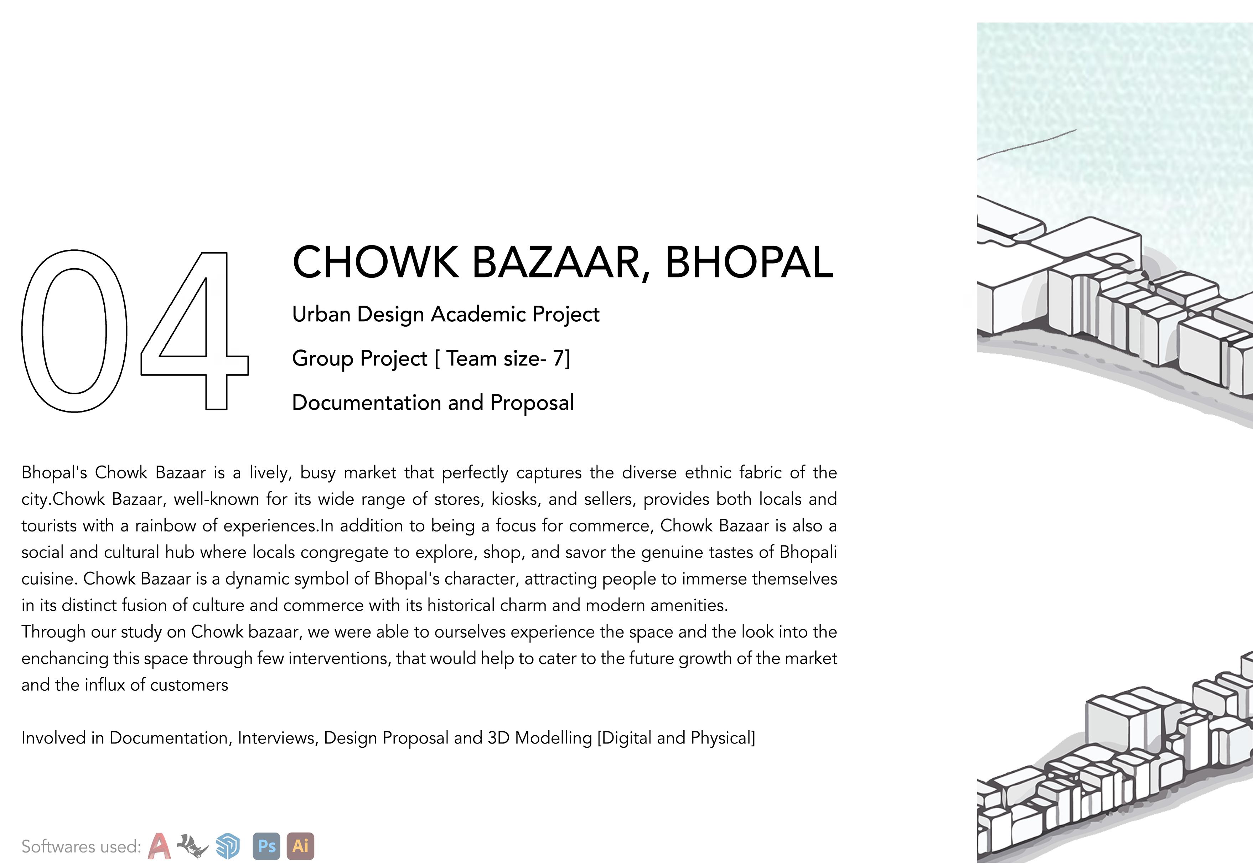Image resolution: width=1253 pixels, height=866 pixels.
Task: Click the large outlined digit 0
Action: (74, 331)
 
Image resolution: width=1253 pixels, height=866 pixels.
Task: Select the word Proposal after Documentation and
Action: (532, 403)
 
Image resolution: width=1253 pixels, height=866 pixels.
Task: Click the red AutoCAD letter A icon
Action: (159, 846)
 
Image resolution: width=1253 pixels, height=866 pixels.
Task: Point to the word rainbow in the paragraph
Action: (165, 526)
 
